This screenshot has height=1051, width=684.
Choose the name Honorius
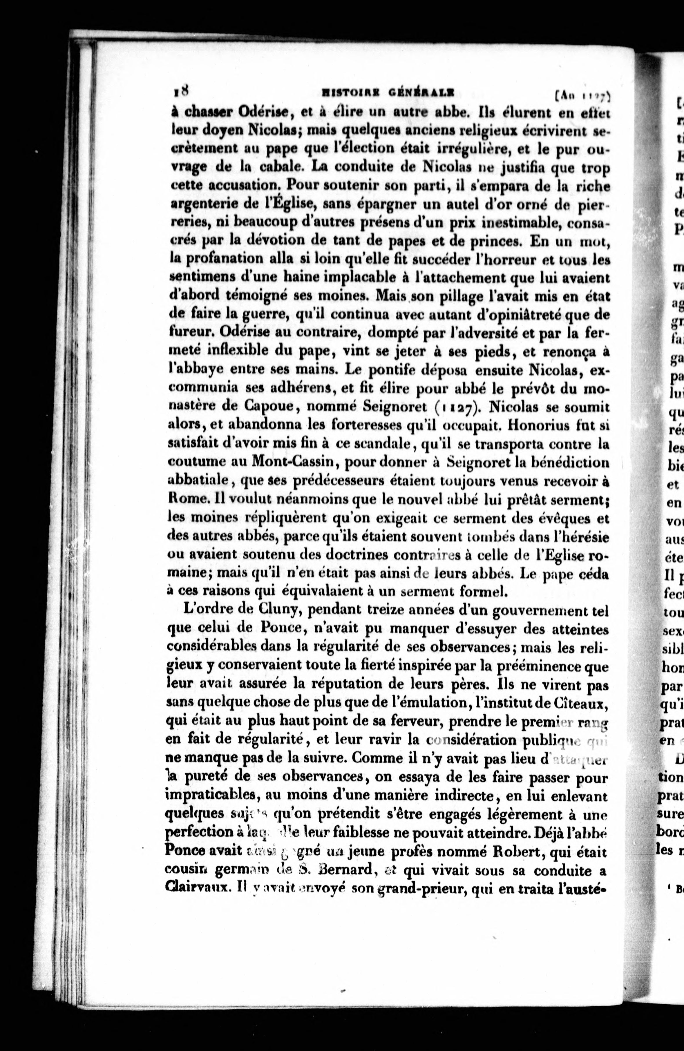(x=544, y=425)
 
